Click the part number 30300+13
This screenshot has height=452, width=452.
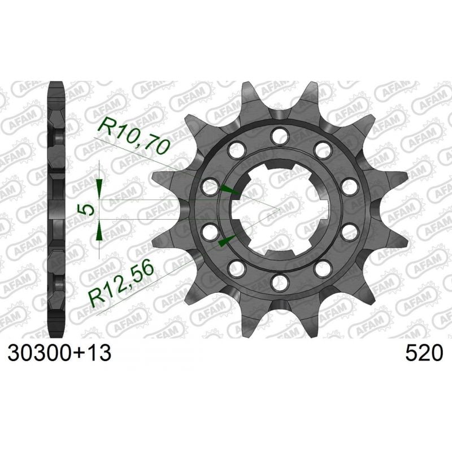59,354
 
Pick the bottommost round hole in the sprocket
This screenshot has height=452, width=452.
278,281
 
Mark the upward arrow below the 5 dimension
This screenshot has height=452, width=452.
99,231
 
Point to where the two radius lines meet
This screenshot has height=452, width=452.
279,209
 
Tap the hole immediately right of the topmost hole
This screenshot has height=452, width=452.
323,149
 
